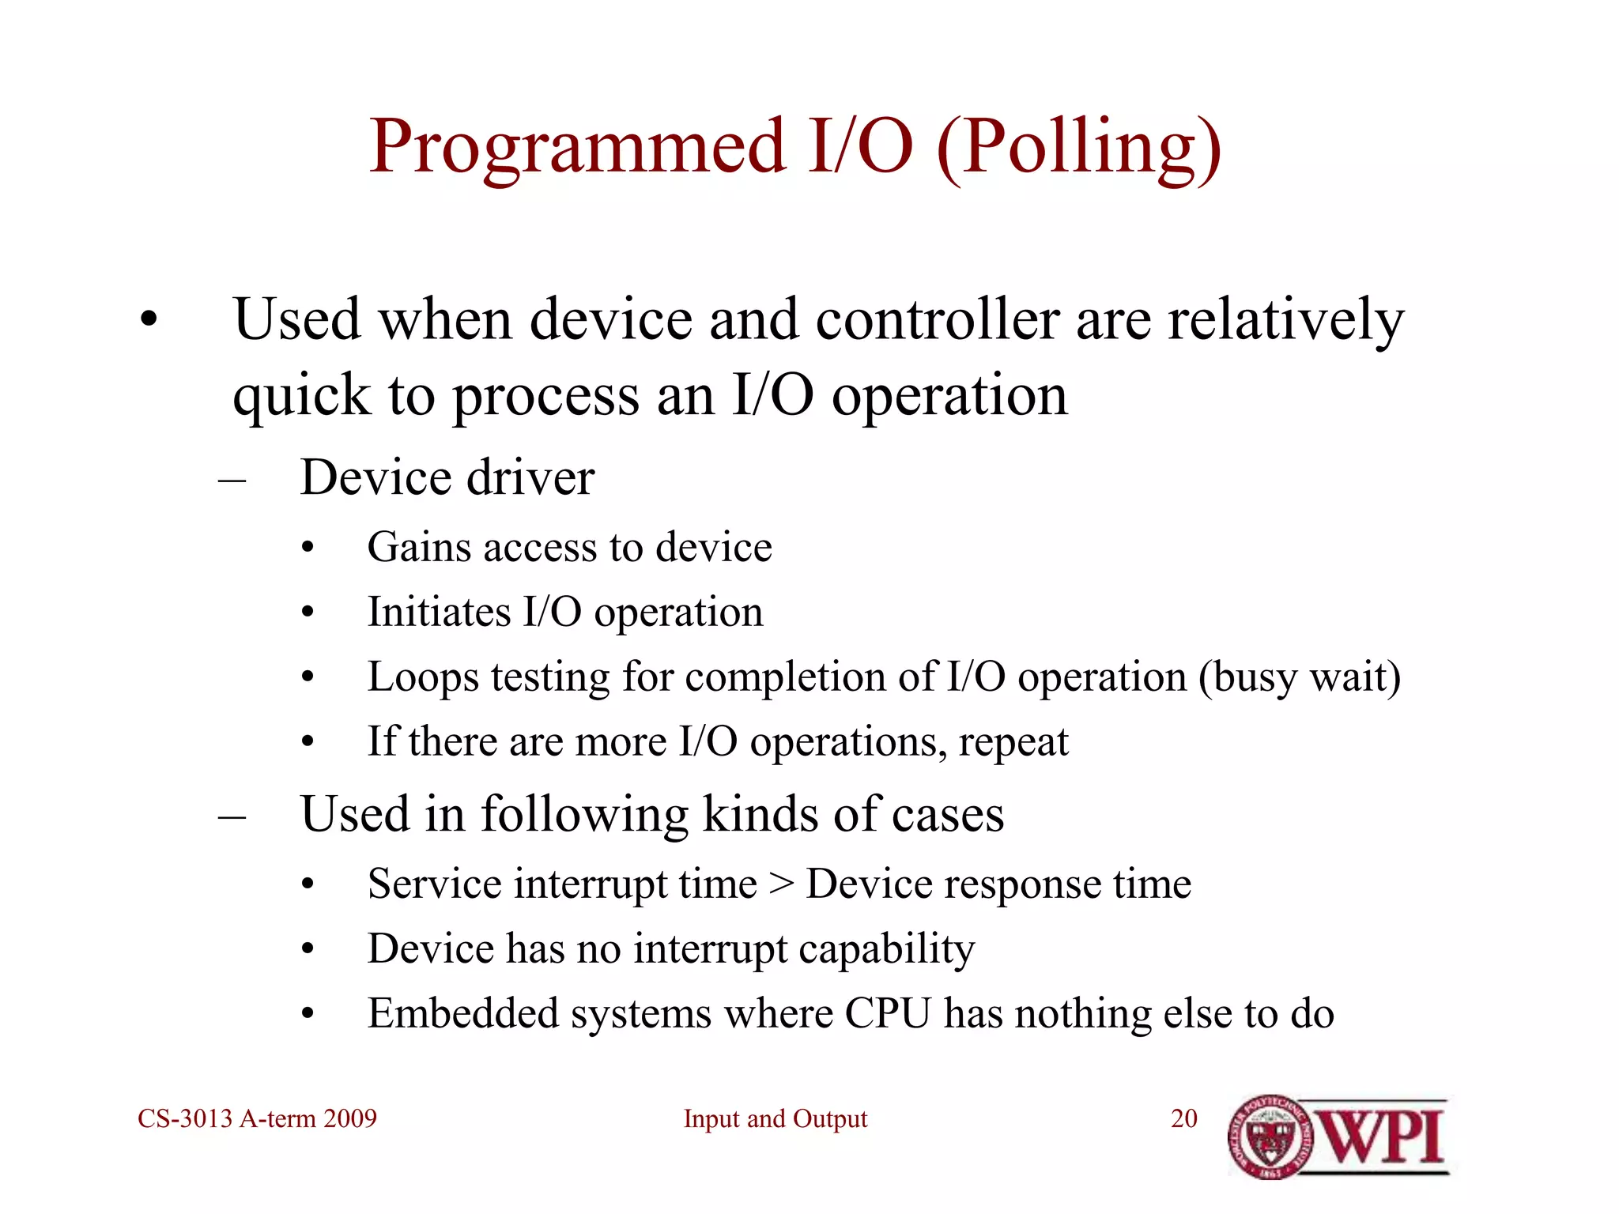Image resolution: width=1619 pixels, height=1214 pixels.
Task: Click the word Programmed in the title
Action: coord(577,148)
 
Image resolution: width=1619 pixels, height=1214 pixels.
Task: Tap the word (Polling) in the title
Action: coord(1079,148)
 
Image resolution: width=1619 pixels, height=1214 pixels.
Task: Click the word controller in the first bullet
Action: coord(937,320)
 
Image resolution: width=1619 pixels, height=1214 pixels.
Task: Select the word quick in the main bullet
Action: coord(300,395)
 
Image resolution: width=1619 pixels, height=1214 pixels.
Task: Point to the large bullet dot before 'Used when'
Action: coord(149,321)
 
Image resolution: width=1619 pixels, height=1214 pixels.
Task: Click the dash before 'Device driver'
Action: coord(232,480)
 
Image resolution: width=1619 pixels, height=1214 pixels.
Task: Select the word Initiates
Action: coord(439,612)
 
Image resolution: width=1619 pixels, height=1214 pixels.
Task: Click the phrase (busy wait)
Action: coord(1299,677)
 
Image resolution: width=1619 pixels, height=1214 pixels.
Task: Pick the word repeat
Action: coord(1013,742)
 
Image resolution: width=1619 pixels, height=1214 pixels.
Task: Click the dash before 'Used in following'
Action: coord(232,816)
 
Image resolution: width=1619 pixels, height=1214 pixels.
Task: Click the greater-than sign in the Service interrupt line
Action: coord(781,884)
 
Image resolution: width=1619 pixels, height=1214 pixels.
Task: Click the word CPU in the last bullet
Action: coord(887,1014)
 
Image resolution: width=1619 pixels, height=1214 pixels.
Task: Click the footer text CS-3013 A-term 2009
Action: coord(257,1119)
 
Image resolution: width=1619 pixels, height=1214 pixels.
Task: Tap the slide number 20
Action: coord(1183,1119)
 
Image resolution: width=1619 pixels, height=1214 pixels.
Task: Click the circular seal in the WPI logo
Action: coord(1270,1137)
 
